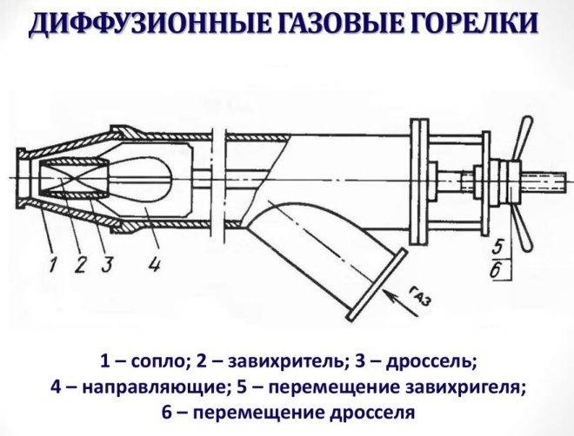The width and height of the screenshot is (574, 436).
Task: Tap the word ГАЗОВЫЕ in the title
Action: tap(351, 24)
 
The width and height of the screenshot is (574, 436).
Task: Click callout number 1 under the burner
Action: tap(54, 263)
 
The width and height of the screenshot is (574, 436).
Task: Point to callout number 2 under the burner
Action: tap(80, 263)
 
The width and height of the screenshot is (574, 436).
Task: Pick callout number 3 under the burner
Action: tap(107, 263)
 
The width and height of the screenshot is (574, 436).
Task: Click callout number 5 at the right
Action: tap(497, 247)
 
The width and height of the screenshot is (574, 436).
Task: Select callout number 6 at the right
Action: tap(496, 270)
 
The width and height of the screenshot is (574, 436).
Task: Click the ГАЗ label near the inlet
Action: tap(421, 294)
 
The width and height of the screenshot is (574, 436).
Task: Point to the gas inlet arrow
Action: tap(400, 301)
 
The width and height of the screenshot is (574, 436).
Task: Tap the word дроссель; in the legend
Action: tap(432, 362)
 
